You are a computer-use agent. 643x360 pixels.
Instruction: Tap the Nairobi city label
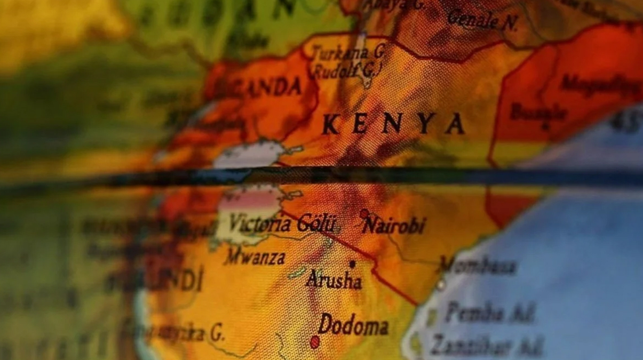[x=394, y=226]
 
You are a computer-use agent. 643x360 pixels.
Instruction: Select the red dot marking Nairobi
[x=364, y=214]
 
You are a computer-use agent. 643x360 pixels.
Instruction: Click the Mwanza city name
[x=255, y=258]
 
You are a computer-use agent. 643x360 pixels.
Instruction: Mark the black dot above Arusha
[x=352, y=263]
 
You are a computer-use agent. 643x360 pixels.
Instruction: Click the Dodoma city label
[x=353, y=325]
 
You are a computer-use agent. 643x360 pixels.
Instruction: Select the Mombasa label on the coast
[x=478, y=266]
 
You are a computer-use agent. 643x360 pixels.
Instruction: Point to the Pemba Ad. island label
[x=489, y=314]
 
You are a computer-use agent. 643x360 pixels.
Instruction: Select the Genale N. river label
[x=482, y=21]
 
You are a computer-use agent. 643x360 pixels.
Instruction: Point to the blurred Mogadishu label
[x=600, y=85]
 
